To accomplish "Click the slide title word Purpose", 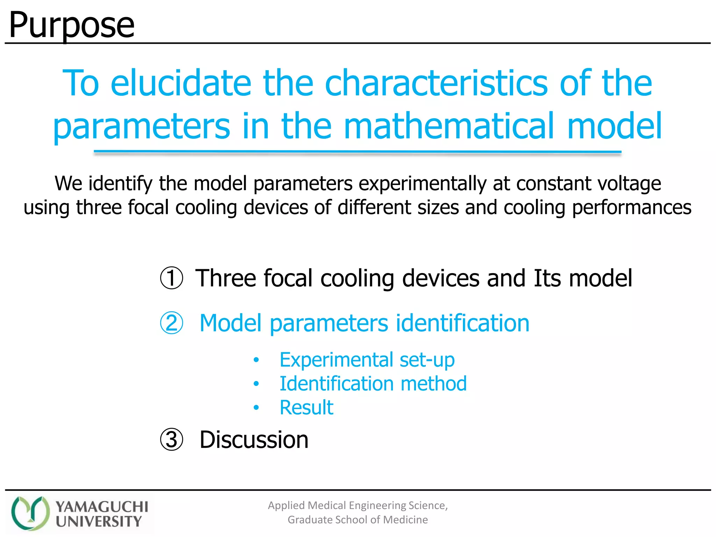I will click(x=72, y=25).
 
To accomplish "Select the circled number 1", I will click(x=171, y=278).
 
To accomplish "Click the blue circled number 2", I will click(x=171, y=323).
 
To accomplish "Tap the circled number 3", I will click(x=171, y=440).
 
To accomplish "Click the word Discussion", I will click(x=254, y=440).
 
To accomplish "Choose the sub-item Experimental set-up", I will click(x=367, y=360).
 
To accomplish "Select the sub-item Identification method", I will click(x=373, y=384).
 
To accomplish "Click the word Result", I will click(x=306, y=407).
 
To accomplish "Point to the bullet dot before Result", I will click(x=256, y=408).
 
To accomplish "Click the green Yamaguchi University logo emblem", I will click(x=30, y=513).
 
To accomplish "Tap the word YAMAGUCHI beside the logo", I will click(x=102, y=507).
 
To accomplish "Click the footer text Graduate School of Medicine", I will click(x=358, y=520).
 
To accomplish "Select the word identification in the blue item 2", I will click(x=462, y=323).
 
